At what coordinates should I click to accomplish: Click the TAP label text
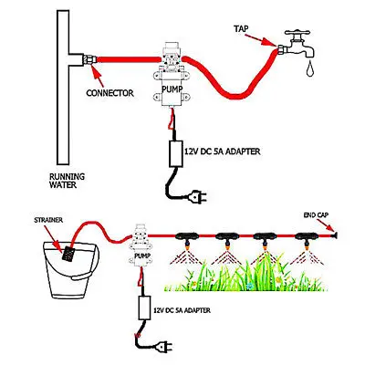pos(241,29)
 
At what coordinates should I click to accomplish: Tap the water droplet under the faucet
pos(310,68)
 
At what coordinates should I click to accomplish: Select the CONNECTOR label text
pos(109,93)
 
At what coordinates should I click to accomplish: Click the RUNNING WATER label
pos(67,181)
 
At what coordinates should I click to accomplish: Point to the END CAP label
pos(316,215)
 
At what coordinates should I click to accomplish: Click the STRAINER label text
pos(48,220)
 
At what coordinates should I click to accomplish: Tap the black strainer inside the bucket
pos(68,254)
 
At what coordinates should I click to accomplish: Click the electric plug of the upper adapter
pos(198,197)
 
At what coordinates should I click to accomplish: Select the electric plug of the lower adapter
pos(164,346)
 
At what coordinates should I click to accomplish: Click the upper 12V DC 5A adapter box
pos(176,153)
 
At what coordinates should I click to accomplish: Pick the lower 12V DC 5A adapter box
pos(144,308)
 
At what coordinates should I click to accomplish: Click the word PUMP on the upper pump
pos(172,89)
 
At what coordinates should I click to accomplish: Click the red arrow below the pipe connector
pos(98,75)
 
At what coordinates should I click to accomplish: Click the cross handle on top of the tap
pos(297,33)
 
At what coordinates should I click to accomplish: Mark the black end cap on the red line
pos(335,235)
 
